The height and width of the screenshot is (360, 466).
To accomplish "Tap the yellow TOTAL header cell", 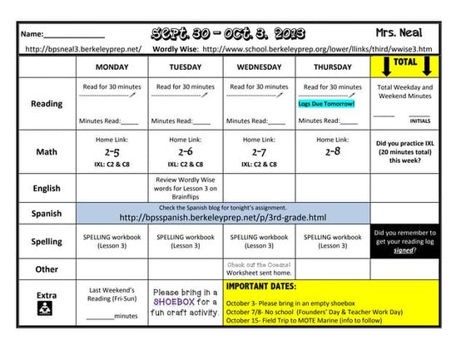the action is tap(405, 63).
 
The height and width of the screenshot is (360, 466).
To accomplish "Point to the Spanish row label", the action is tap(46, 214).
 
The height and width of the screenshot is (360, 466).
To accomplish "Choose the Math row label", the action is tap(46, 152).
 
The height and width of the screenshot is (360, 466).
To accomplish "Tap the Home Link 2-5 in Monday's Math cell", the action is tap(112, 153).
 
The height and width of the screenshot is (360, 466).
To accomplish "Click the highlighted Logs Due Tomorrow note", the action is tap(327, 104).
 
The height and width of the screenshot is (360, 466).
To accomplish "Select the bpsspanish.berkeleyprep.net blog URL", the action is tap(222, 218).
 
